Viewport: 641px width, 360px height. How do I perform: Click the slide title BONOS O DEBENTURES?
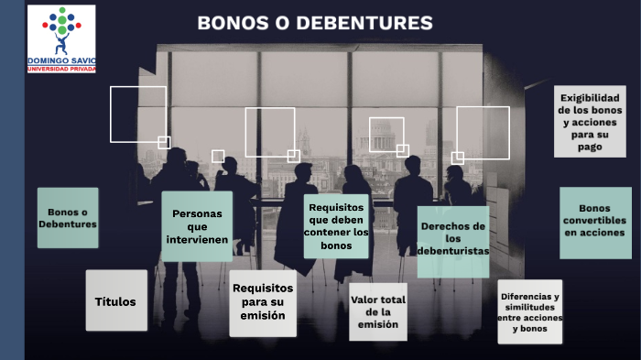(315, 23)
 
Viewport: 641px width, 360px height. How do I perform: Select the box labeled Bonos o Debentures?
(68, 218)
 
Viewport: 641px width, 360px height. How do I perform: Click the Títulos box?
(116, 300)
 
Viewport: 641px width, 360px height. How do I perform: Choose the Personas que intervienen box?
(197, 226)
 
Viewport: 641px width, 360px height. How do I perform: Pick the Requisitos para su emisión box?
(263, 302)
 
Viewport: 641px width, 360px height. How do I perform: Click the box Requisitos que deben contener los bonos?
(336, 226)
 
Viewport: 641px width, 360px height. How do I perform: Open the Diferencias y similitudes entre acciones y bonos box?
(529, 311)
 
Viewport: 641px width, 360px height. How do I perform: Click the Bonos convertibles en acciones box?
(595, 221)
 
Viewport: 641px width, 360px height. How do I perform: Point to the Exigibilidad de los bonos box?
(590, 122)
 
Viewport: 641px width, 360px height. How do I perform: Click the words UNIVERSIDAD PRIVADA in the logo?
(61, 69)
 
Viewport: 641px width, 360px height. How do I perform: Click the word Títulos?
(115, 301)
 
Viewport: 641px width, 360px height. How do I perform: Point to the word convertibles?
(595, 221)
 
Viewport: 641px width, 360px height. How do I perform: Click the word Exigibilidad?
(591, 98)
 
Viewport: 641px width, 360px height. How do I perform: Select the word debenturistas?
(452, 250)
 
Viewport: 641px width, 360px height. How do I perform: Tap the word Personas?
(197, 213)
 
